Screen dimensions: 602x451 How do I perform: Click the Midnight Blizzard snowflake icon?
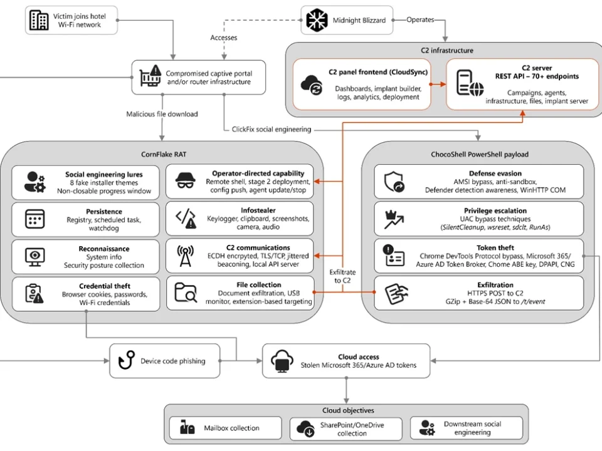pos(317,20)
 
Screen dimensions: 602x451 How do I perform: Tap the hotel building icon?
pos(39,20)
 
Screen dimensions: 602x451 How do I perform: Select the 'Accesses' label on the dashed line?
pos(223,38)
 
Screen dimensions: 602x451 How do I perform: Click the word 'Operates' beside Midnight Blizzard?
pos(420,19)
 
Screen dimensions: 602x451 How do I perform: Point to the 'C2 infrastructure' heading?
pos(447,50)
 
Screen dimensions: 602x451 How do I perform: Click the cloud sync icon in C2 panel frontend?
pos(312,85)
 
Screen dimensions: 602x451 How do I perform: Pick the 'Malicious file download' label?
pos(162,114)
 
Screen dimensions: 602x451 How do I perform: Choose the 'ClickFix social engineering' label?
pos(272,129)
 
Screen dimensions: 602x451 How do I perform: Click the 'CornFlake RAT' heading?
pos(164,154)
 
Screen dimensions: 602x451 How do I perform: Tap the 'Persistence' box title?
pos(104,211)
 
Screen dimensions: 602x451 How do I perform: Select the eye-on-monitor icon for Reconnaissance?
pos(35,257)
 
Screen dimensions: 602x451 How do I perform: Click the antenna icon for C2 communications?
pos(186,256)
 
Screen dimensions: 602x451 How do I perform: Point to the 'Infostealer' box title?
pos(258,210)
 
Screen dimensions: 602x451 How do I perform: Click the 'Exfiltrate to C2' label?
pos(342,276)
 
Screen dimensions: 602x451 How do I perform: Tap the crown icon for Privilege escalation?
pos(394,220)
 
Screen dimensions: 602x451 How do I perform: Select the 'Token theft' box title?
pos(495,248)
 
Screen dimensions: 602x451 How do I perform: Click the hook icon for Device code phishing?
pos(127,360)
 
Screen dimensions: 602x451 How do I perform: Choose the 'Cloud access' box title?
pos(359,356)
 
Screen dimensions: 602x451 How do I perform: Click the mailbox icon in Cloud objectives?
pos(187,427)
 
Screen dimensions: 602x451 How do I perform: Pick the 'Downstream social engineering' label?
pos(473,428)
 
